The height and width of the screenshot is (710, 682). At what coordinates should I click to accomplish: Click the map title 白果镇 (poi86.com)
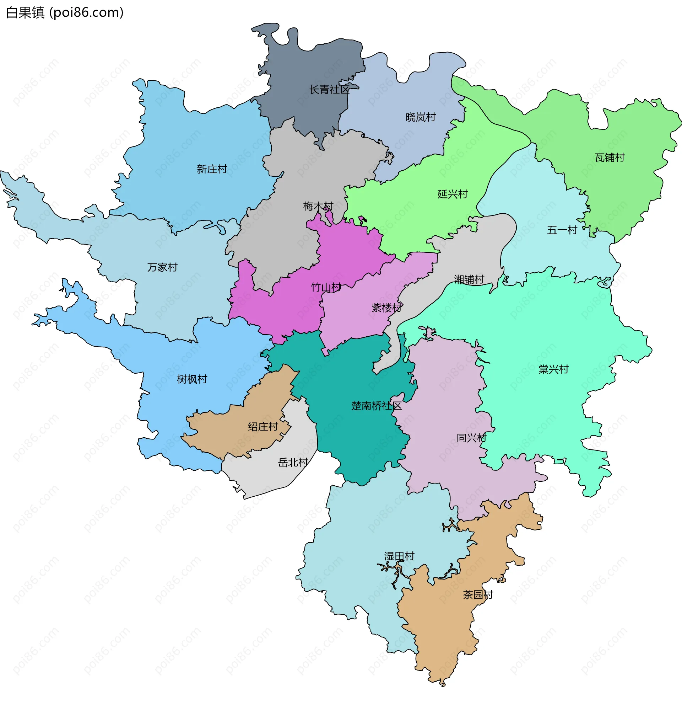(x=64, y=13)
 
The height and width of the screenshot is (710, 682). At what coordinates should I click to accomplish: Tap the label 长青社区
(x=329, y=90)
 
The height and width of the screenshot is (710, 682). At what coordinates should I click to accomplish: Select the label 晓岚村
(x=420, y=117)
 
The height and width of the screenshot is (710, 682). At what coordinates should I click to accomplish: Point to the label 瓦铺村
(x=610, y=158)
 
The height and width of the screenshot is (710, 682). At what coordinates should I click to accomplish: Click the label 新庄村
(x=212, y=169)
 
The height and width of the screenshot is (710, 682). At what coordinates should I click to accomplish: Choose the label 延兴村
(x=453, y=194)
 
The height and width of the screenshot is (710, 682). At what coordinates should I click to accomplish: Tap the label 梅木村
(x=318, y=207)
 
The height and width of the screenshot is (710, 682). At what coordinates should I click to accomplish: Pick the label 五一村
(x=562, y=230)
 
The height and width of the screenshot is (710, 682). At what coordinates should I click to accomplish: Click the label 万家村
(x=162, y=267)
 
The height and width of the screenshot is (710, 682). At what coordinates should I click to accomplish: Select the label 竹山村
(x=326, y=287)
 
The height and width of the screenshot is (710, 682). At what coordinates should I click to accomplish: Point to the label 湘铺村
(x=469, y=279)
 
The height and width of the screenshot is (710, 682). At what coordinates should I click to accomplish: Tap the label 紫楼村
(x=386, y=308)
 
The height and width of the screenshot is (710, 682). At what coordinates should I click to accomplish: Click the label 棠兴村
(x=553, y=369)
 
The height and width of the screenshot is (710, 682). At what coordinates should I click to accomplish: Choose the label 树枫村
(x=192, y=379)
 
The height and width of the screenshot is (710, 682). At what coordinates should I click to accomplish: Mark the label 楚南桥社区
(x=377, y=406)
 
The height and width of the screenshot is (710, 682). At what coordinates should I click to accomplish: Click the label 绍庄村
(x=263, y=427)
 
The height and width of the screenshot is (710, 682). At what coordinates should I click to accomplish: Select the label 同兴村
(x=471, y=438)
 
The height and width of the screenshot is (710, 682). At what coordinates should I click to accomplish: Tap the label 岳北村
(x=293, y=463)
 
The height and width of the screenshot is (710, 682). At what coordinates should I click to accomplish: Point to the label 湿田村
(x=399, y=556)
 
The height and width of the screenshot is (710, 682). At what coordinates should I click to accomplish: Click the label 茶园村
(x=478, y=595)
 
